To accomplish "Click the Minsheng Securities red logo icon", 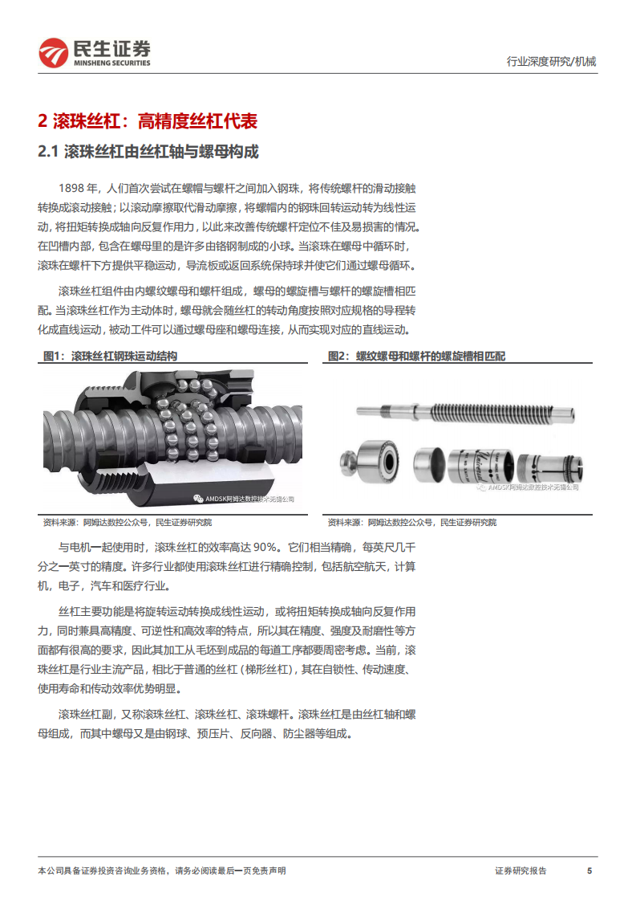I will [55, 53].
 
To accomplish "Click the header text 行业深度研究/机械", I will [552, 61].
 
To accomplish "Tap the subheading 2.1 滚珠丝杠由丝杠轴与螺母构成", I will [148, 152].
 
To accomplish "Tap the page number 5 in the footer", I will [589, 870].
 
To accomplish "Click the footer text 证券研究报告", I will [521, 870].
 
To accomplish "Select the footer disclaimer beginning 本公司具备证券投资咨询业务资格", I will [161, 870].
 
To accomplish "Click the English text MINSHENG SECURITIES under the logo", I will [111, 63].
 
